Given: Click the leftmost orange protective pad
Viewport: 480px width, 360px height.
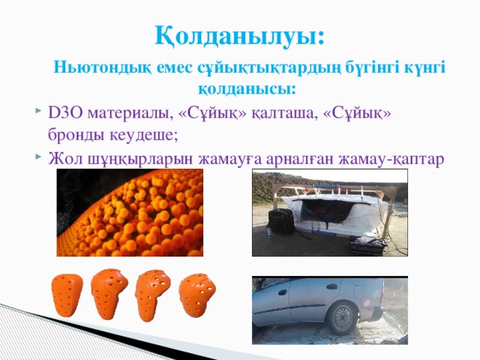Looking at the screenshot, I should pos(67,295).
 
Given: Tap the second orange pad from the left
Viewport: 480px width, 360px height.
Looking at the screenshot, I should pos(109,293).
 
